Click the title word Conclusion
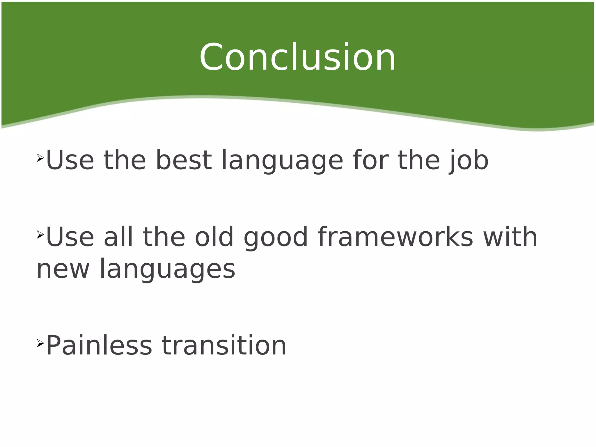click(x=297, y=57)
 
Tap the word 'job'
click(x=469, y=161)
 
